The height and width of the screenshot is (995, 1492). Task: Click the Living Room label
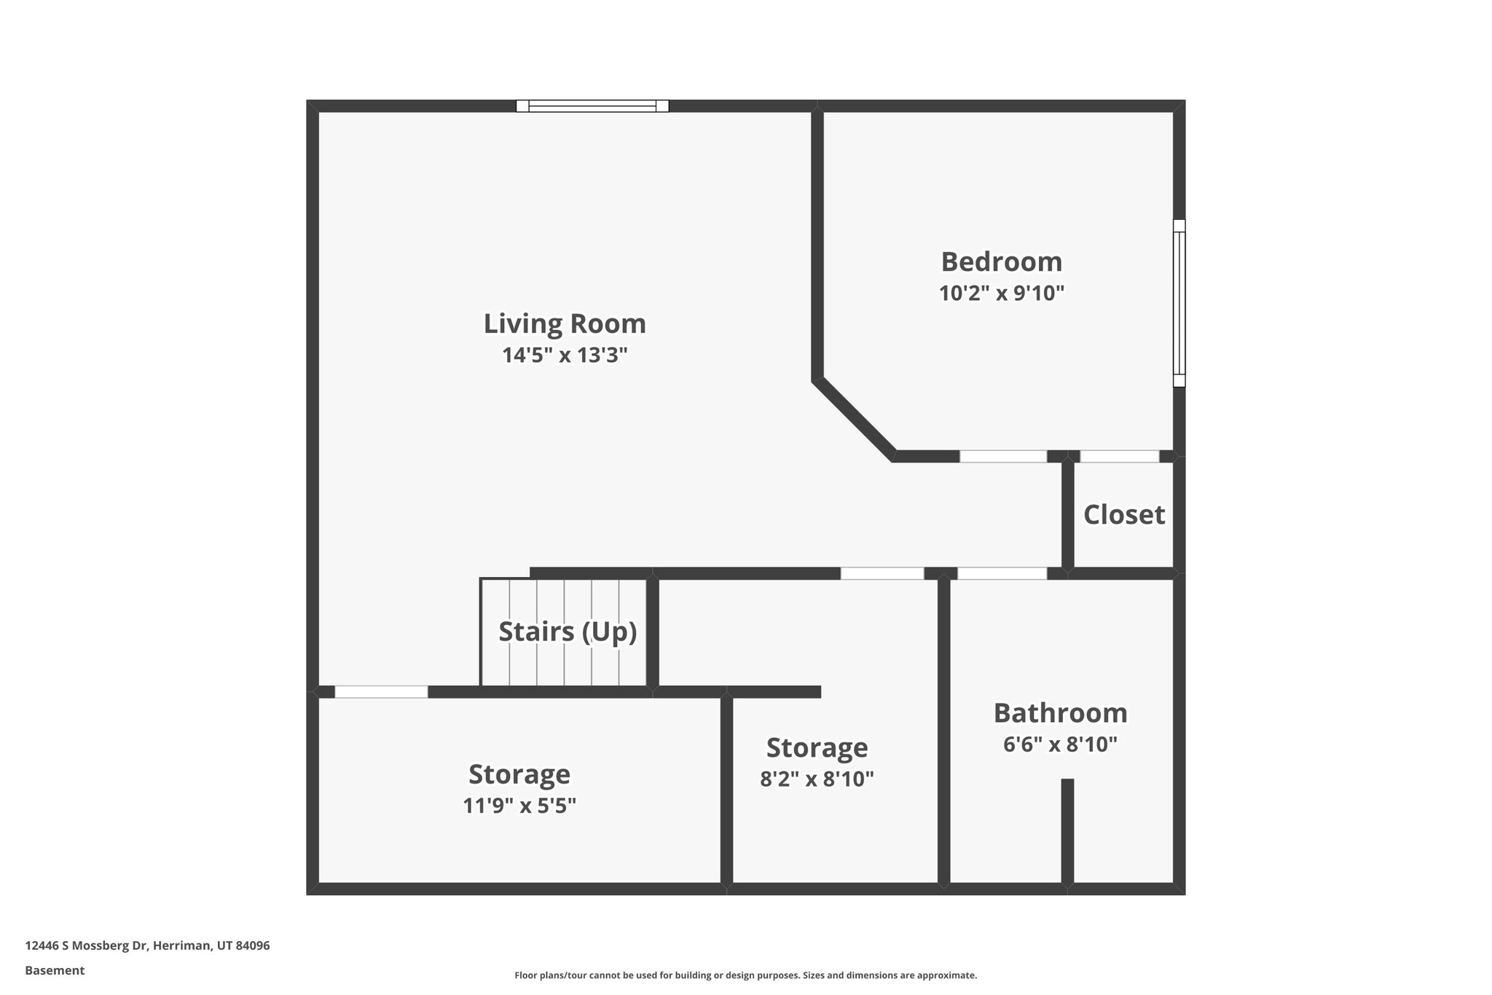tap(565, 324)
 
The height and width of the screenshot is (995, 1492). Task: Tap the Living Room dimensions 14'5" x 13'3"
tap(565, 355)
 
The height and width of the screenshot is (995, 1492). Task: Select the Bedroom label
tap(1001, 262)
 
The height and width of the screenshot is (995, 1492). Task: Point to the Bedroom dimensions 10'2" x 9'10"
tap(1001, 294)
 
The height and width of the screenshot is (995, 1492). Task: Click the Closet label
tap(1123, 515)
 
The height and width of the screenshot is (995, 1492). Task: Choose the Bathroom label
tap(1060, 713)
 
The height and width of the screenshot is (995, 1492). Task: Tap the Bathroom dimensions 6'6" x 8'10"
tap(1060, 744)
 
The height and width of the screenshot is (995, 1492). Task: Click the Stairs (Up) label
tap(567, 632)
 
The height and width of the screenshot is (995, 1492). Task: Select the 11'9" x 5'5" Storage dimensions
tap(519, 806)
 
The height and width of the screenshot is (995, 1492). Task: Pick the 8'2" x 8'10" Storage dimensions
tap(817, 779)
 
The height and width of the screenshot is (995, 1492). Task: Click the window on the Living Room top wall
tap(592, 106)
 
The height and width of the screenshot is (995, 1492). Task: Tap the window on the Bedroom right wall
tap(1179, 303)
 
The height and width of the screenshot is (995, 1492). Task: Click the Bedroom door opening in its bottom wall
tap(1002, 457)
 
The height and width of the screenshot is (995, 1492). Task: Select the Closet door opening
tap(1119, 457)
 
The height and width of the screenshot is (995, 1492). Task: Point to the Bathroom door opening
tap(1002, 573)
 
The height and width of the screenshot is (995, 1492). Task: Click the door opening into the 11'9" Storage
tap(381, 692)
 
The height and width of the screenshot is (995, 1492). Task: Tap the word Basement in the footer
tap(55, 970)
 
